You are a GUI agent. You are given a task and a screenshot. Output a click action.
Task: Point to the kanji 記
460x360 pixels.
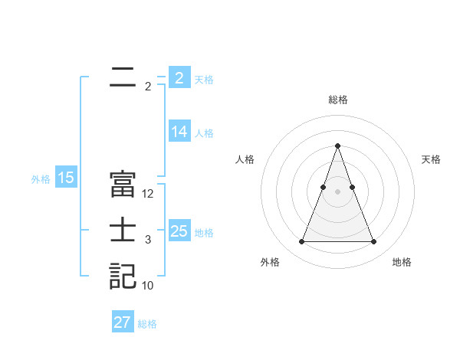(x=123, y=276)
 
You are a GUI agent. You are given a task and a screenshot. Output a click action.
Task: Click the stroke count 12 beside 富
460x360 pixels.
(x=148, y=194)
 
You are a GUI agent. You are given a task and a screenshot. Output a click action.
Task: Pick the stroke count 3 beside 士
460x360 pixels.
(x=148, y=240)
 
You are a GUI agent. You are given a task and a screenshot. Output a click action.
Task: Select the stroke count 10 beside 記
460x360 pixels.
(x=148, y=286)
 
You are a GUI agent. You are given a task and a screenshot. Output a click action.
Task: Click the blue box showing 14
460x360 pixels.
(x=179, y=132)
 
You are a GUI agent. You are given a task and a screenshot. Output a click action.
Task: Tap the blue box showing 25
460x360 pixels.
(x=179, y=231)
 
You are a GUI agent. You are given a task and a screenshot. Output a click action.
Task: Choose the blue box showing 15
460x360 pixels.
(x=66, y=178)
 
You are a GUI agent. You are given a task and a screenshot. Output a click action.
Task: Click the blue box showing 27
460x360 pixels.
(x=122, y=322)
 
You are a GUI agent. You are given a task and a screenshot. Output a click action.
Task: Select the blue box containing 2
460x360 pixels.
(x=179, y=77)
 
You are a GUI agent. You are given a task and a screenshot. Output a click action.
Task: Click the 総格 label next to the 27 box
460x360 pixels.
(x=147, y=324)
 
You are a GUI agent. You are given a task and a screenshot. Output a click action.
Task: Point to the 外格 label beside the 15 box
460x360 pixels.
(x=41, y=179)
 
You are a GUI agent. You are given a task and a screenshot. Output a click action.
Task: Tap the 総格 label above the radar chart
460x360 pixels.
(x=337, y=100)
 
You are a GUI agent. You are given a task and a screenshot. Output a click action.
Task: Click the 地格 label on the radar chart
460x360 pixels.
(x=402, y=262)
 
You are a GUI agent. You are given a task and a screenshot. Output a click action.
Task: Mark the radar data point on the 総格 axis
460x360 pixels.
(x=337, y=146)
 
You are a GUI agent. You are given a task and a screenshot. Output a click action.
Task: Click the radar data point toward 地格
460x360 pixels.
(x=373, y=242)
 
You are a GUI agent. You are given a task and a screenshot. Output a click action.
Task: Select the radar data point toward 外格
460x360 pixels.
(x=301, y=242)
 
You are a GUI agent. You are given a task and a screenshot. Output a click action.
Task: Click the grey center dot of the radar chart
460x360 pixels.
(x=337, y=191)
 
